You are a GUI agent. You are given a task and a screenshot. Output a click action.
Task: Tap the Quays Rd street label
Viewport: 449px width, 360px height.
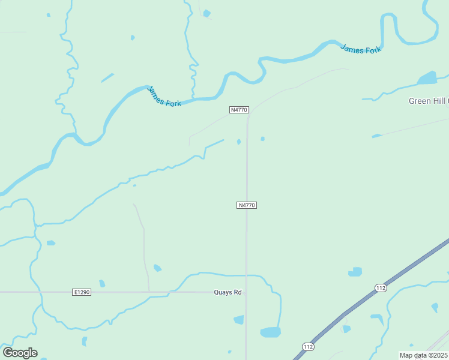point(228,292)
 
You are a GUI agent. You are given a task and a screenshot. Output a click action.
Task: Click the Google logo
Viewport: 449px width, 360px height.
point(20,353)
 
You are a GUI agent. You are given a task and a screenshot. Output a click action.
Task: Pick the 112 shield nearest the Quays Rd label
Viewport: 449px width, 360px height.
point(307,347)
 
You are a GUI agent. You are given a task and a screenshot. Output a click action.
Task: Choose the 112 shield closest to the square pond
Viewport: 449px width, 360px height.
point(381,288)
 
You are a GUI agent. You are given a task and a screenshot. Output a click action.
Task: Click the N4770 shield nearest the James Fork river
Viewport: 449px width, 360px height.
point(239,110)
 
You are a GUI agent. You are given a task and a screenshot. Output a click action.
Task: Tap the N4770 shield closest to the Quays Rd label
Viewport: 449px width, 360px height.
point(247,205)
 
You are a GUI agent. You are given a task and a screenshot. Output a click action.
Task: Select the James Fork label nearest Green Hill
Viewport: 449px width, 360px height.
point(361,49)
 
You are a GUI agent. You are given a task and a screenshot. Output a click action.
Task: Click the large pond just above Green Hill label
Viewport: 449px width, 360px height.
point(427,79)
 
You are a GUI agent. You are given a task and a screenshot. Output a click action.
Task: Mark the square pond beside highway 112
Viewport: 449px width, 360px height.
point(356,272)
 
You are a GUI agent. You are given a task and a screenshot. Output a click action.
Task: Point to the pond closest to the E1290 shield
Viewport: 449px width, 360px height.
point(102,283)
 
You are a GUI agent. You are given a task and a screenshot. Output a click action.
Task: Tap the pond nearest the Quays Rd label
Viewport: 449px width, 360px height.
point(239,320)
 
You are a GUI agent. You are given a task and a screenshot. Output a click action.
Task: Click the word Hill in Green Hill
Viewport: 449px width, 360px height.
point(439,101)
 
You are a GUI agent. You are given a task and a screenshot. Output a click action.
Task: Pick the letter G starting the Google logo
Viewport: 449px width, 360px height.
point(8,353)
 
